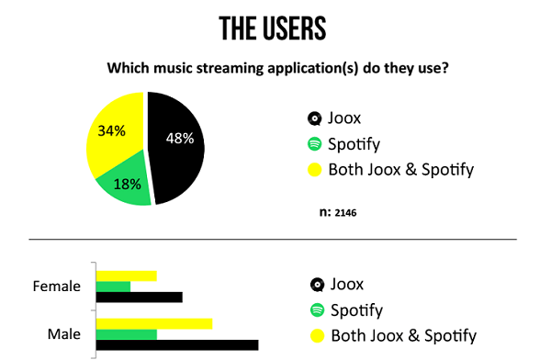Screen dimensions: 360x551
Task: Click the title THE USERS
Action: click(x=275, y=28)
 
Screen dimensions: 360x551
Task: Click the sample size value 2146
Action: click(x=346, y=213)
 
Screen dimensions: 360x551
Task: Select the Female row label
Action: click(x=58, y=286)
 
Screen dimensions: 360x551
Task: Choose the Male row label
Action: click(x=64, y=332)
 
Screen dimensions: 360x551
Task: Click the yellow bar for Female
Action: click(x=126, y=275)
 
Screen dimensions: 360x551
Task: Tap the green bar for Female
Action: click(x=113, y=286)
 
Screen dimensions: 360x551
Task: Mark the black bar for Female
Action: click(x=139, y=297)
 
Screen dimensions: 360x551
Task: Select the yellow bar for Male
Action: click(x=153, y=322)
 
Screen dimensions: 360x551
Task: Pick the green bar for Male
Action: click(x=126, y=333)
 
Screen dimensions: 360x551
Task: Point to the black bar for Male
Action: click(x=176, y=345)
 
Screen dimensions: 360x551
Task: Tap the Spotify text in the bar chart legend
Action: click(x=356, y=309)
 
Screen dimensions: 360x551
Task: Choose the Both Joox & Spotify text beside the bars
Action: click(x=403, y=335)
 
